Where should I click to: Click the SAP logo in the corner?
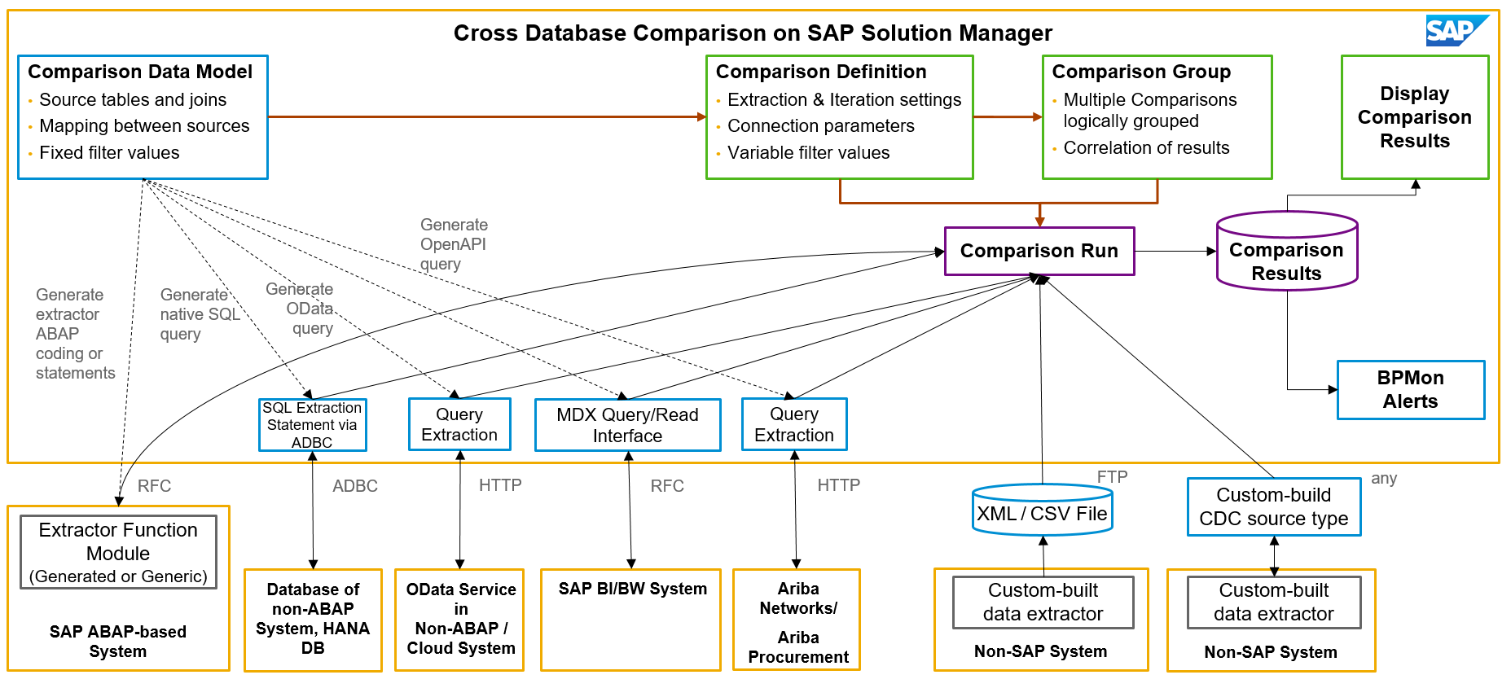(1456, 31)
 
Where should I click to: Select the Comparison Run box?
(1039, 251)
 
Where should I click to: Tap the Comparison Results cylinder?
(1287, 251)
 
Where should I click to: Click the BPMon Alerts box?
(1411, 389)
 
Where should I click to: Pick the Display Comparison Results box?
(1415, 117)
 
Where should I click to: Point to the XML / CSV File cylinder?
(1043, 510)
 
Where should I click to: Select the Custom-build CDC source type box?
(1274, 506)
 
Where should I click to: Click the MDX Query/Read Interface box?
(627, 424)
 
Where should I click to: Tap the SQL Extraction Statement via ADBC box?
(312, 424)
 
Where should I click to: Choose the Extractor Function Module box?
(118, 552)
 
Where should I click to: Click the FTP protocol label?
(1113, 476)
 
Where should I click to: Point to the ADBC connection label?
(355, 486)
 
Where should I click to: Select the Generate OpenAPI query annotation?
(454, 244)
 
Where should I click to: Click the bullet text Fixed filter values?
(109, 153)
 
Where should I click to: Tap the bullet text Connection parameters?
(821, 126)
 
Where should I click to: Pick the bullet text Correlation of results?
(1147, 148)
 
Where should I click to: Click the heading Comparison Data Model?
(140, 72)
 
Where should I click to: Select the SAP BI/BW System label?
(633, 589)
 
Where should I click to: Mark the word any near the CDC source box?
(1384, 479)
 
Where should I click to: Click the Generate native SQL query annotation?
(200, 314)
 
